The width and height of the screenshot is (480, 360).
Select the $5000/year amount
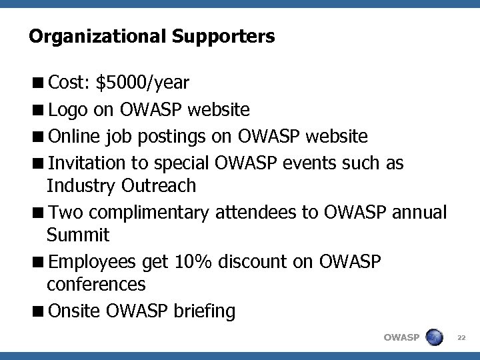click(143, 83)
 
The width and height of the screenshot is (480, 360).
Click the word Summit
click(78, 235)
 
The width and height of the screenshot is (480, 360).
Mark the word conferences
click(96, 285)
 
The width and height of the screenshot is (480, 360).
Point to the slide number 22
click(462, 338)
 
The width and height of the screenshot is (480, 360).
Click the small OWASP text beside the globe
click(401, 338)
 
